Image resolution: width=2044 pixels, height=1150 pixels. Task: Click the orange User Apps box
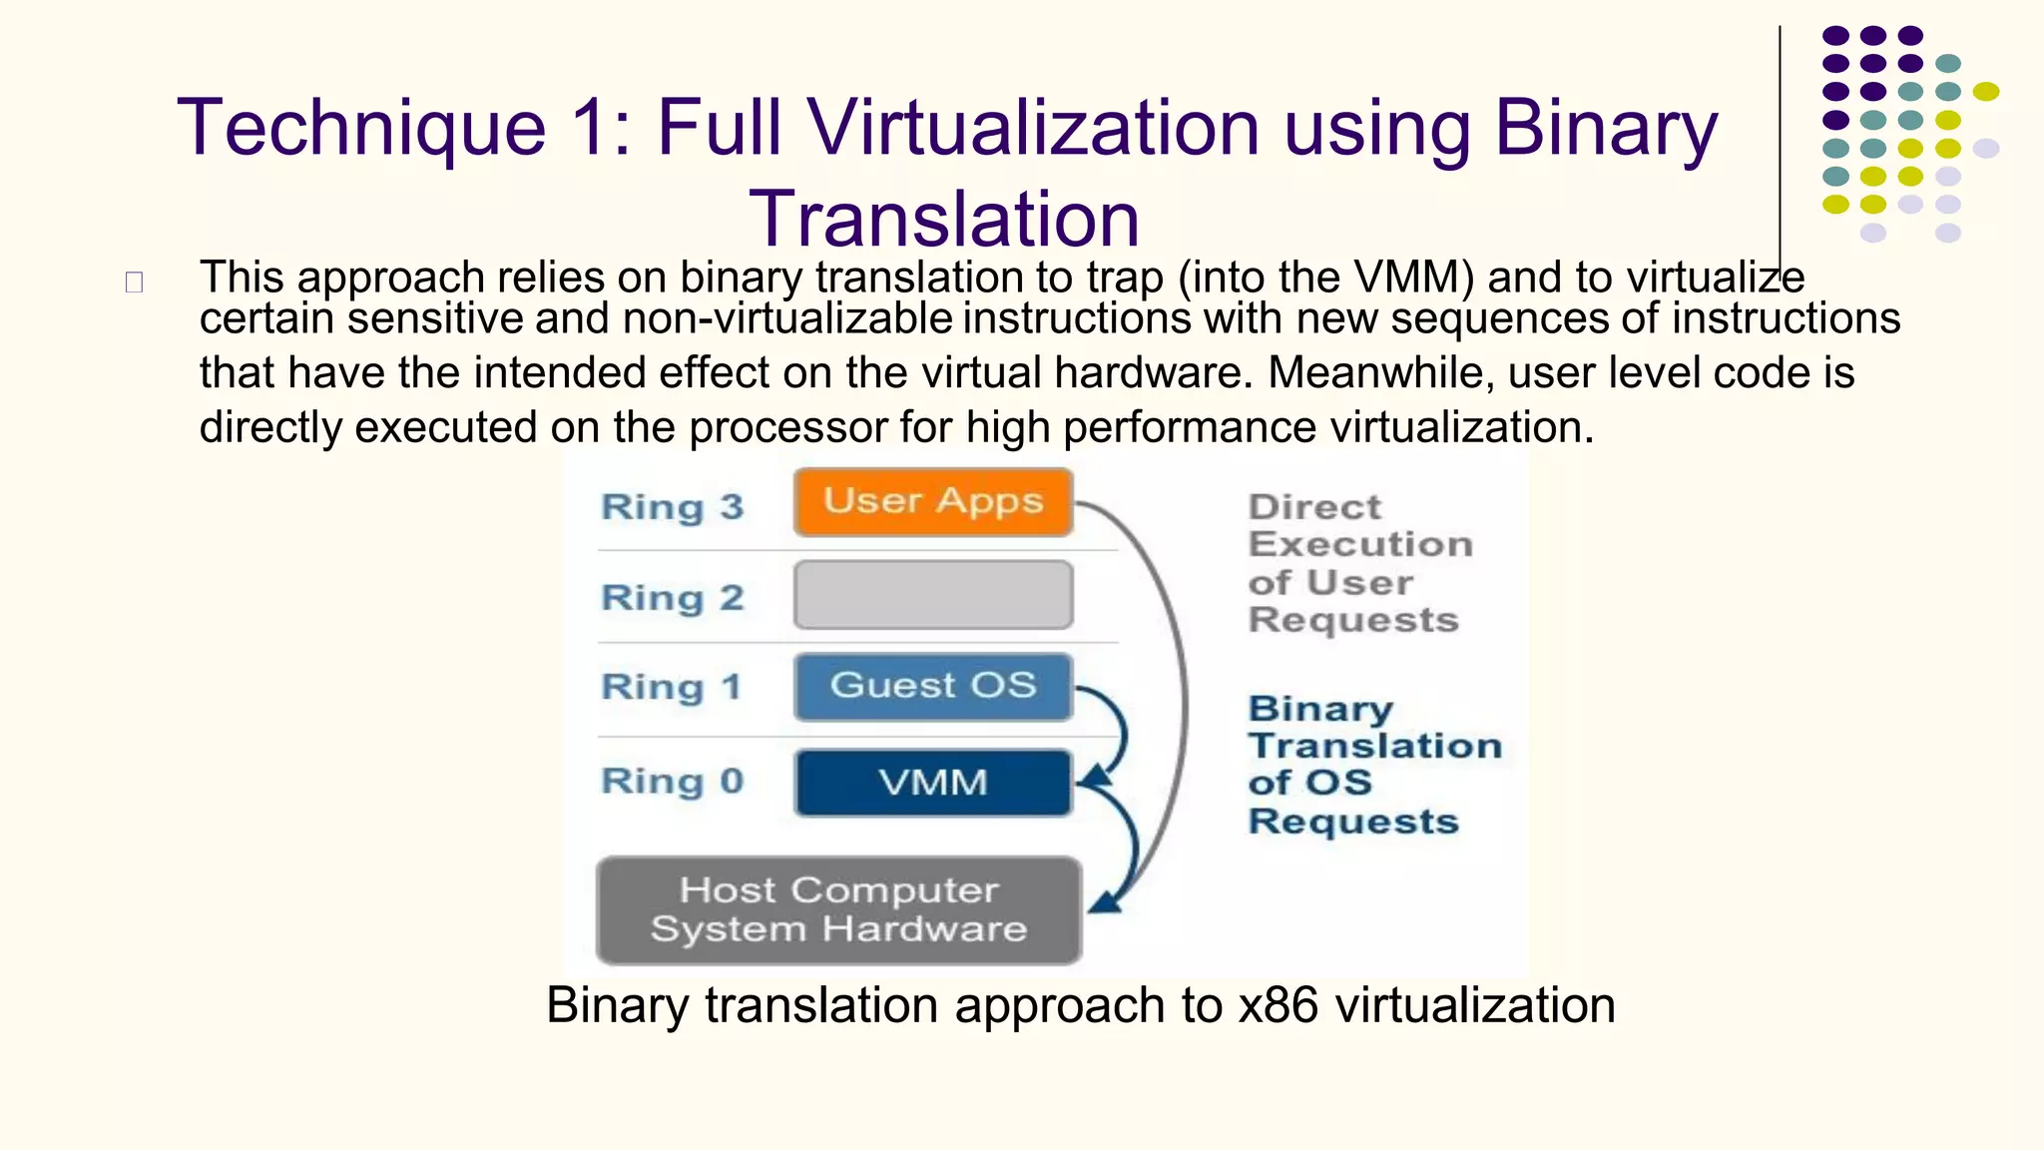tap(933, 502)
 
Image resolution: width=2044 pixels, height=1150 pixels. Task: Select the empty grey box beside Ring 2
tap(933, 595)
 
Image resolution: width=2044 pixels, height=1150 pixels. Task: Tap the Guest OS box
tap(933, 687)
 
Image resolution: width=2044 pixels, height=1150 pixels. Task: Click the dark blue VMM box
tap(933, 783)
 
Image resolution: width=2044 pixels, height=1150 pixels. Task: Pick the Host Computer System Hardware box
tap(838, 910)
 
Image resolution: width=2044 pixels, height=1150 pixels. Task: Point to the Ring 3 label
tap(673, 507)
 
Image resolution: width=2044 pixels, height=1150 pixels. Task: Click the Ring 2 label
tap(673, 598)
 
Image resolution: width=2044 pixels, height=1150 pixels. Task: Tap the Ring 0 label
tap(673, 782)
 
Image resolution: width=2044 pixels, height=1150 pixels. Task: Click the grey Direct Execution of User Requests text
tap(1357, 563)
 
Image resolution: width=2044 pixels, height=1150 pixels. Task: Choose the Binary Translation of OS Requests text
tap(1372, 765)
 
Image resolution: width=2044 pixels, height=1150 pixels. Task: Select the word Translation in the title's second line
tap(943, 219)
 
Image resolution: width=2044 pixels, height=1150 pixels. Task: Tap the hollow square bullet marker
tap(134, 283)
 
